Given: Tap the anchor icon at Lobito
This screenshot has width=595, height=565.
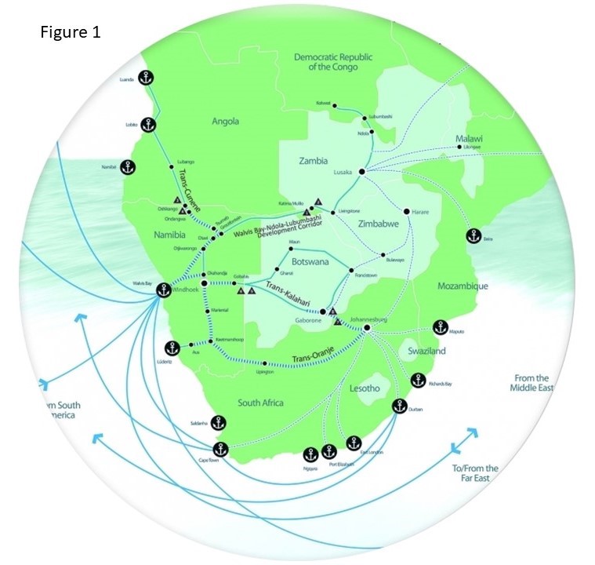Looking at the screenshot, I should tap(147, 124).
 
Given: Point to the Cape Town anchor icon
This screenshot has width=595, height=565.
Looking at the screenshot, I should tap(220, 450).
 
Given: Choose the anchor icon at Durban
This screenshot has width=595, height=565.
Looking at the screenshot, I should tap(399, 406).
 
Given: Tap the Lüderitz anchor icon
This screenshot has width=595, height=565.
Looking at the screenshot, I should tap(172, 348).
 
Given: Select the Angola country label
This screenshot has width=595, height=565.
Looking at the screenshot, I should tap(225, 121).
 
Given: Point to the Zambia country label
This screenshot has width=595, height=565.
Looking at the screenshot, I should tap(313, 161).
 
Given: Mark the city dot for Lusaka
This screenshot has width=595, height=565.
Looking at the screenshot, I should tap(361, 171).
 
